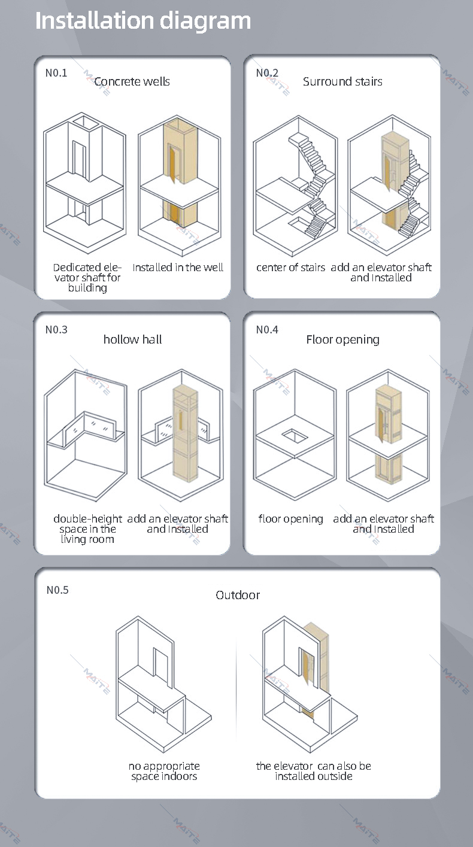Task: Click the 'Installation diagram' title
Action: (x=143, y=21)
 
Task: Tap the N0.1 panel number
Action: (x=56, y=72)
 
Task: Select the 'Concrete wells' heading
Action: (x=132, y=81)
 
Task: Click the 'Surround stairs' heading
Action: (x=342, y=81)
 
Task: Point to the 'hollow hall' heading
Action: (x=133, y=339)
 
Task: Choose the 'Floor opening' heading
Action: (x=343, y=339)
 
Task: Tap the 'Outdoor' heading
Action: (x=238, y=595)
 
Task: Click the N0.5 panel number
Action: (x=57, y=590)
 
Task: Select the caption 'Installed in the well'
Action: (x=178, y=268)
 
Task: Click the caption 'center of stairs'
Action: (x=291, y=268)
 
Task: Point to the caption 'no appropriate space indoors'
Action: (x=164, y=771)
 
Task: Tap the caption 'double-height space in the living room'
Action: (x=88, y=529)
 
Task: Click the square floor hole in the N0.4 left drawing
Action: (x=295, y=436)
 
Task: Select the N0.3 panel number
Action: (x=56, y=330)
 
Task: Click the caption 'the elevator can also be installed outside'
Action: (x=314, y=771)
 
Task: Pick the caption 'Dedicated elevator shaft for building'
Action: (x=87, y=278)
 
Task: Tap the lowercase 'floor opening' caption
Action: (x=291, y=519)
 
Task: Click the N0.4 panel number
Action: (x=267, y=330)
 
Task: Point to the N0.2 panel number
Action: (x=267, y=72)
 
